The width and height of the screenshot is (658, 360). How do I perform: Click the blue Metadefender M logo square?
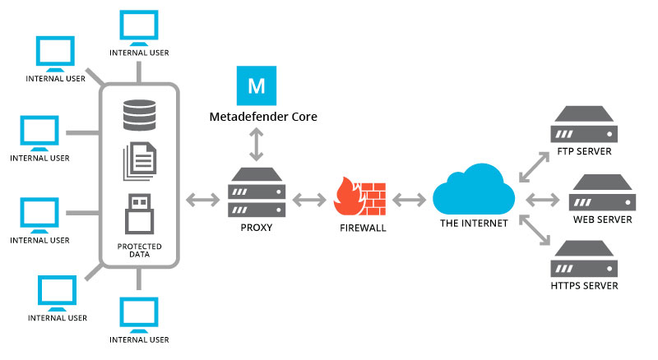(x=257, y=85)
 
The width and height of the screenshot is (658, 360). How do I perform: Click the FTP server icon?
(x=584, y=124)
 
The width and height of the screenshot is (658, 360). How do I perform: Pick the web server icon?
(x=602, y=192)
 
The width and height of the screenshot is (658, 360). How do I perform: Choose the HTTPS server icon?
(x=584, y=258)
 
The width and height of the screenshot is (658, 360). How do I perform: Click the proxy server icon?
(x=257, y=192)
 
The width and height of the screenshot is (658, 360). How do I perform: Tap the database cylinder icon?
(x=139, y=115)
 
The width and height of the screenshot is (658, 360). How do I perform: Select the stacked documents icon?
(x=140, y=162)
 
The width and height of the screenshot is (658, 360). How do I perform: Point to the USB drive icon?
(x=139, y=214)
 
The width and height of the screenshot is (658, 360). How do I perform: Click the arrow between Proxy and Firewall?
(x=309, y=200)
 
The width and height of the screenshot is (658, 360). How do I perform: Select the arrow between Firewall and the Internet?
(x=409, y=200)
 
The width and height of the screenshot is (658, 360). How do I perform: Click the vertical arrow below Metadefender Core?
(x=257, y=145)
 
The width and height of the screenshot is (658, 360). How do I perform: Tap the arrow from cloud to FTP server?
(x=534, y=167)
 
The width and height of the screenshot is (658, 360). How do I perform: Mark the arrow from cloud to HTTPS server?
(x=534, y=230)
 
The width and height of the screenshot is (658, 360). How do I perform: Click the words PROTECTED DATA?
(x=139, y=250)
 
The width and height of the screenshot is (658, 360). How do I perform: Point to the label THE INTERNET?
(x=474, y=224)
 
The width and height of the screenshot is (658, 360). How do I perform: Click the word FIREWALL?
(x=363, y=228)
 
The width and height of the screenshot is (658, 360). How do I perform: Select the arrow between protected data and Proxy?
(x=202, y=200)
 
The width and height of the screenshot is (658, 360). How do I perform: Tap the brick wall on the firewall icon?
(x=372, y=199)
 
